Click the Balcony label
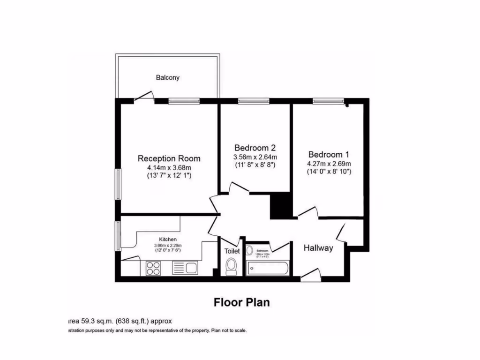click(167, 77)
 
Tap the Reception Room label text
click(169, 158)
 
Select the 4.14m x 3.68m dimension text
click(169, 167)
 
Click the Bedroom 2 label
click(255, 148)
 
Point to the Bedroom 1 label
click(329, 154)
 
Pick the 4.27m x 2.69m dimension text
click(329, 163)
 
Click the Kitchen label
click(167, 240)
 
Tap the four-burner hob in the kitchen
click(153, 268)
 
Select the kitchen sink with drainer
click(186, 268)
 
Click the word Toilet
click(232, 251)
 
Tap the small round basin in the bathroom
click(249, 251)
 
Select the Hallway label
click(318, 248)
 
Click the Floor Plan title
click(242, 302)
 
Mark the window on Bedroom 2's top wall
click(253, 100)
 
